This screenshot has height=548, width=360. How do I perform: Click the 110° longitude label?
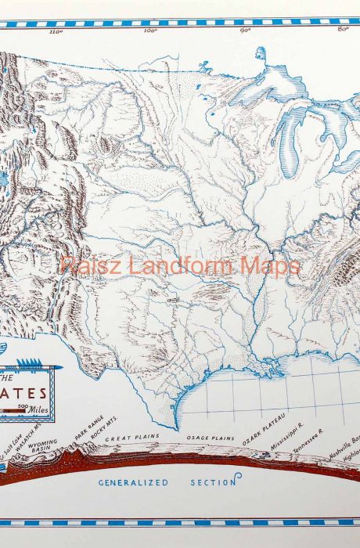[x=56, y=33]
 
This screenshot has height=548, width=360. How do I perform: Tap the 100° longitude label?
[x=150, y=32]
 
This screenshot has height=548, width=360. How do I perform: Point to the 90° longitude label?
[x=245, y=31]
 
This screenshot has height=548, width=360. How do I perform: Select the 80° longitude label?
[x=342, y=31]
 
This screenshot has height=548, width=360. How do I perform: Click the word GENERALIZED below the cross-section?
[x=133, y=483]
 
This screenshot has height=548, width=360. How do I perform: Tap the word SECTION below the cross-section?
[x=214, y=483]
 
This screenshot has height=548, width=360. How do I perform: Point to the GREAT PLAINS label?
[x=132, y=438]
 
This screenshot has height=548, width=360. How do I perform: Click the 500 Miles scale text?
[x=41, y=407]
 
